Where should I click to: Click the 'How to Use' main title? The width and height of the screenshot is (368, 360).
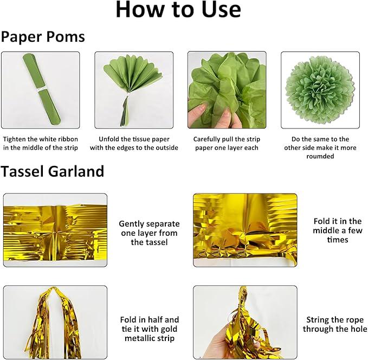(178, 9)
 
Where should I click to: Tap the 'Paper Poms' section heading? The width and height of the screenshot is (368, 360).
(43, 37)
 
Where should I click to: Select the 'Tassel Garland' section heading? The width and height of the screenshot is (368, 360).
(52, 171)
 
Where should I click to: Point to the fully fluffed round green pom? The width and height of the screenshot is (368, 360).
(320, 90)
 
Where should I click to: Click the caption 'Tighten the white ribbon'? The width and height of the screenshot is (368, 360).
(40, 139)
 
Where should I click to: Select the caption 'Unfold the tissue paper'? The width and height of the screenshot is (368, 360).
(134, 139)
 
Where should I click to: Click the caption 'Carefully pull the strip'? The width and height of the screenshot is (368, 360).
(227, 139)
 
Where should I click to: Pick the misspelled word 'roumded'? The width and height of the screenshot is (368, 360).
(320, 156)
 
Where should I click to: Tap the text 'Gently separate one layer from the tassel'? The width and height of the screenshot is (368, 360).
(149, 233)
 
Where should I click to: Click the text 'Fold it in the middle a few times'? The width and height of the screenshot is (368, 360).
(338, 230)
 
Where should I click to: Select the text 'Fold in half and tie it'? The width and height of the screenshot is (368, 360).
(150, 324)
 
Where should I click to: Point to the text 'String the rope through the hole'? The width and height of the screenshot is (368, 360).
(335, 324)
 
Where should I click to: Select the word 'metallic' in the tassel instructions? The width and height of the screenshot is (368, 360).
(138, 338)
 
